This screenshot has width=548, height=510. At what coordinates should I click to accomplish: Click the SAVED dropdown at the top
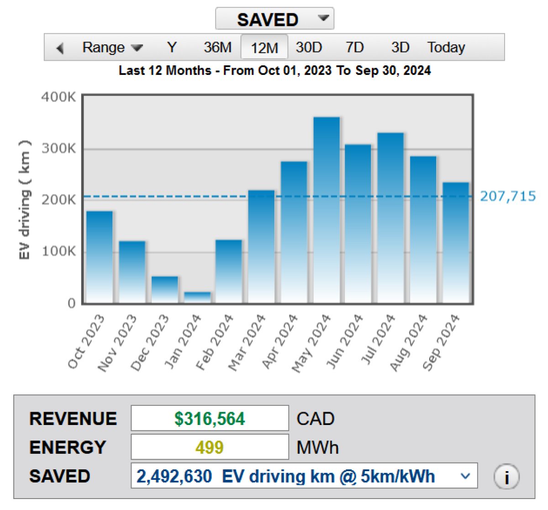[274, 19]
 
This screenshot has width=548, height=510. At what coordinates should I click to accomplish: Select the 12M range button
[264, 48]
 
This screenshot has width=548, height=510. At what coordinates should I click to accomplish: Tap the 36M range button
[217, 48]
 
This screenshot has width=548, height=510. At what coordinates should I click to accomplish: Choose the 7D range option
[354, 48]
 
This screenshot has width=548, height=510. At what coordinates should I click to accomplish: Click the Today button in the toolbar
[446, 48]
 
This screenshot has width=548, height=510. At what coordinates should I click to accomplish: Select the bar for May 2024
[327, 210]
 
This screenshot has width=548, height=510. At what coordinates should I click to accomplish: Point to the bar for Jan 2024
[197, 297]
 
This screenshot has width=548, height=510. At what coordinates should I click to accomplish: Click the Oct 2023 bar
[100, 257]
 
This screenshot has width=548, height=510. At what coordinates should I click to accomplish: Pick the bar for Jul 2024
[390, 218]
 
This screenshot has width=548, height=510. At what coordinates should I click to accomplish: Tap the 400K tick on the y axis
[58, 97]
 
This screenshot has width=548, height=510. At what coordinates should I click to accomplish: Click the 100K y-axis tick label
[58, 251]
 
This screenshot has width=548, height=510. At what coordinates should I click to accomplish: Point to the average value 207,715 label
[507, 197]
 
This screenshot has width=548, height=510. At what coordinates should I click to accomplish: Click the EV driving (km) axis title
[25, 200]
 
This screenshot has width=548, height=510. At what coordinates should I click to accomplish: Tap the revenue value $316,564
[210, 418]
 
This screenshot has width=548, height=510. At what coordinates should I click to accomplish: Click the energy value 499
[210, 447]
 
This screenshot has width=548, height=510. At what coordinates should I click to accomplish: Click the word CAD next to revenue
[316, 419]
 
